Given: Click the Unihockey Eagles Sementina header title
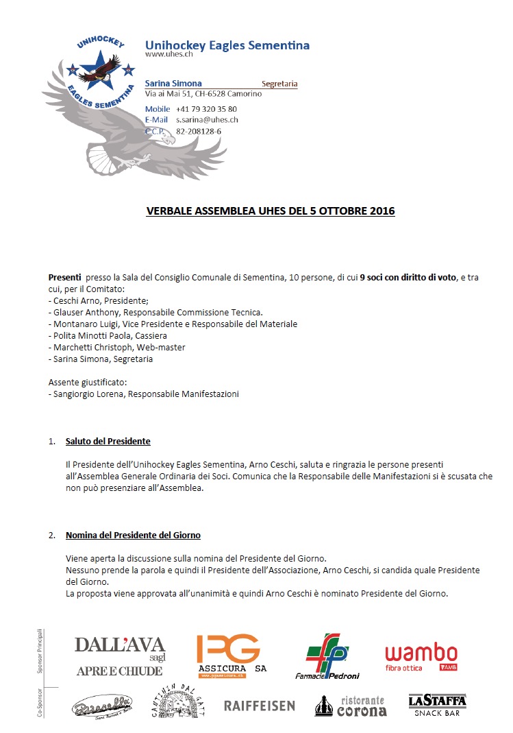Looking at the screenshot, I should (x=227, y=46).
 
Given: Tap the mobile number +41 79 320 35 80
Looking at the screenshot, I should (x=206, y=109).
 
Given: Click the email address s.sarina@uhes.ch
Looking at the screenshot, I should (x=207, y=119).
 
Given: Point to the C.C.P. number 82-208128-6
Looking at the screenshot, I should (x=199, y=130).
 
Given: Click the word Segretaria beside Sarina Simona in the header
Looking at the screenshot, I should (x=279, y=84).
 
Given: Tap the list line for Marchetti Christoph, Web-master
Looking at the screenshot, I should (x=116, y=348).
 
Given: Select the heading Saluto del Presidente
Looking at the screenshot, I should (x=108, y=441).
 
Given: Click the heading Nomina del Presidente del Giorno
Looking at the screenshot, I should (x=133, y=535).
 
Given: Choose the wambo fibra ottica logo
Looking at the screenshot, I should (x=421, y=656).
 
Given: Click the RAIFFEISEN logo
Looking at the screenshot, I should (x=260, y=706).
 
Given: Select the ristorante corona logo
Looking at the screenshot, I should (x=351, y=706).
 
